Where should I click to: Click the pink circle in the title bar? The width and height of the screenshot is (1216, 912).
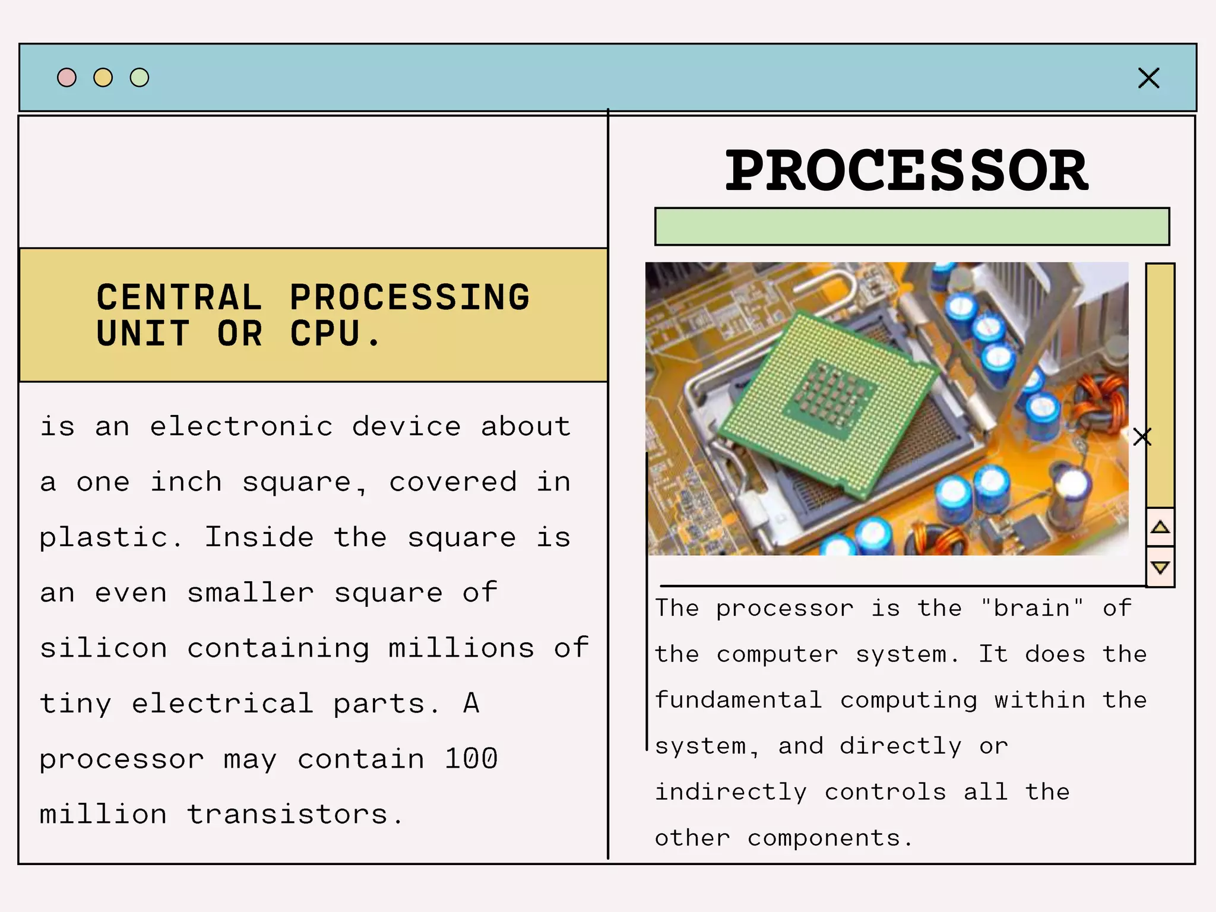[66, 78]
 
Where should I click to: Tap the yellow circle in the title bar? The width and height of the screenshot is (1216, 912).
[103, 78]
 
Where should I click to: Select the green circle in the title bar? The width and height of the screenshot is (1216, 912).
[140, 78]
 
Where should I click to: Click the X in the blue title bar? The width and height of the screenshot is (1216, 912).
[1148, 78]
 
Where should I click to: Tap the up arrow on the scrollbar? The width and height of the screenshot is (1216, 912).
[1160, 527]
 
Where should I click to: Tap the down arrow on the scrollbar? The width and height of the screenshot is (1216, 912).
[1160, 567]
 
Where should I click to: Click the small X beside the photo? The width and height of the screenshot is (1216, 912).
[1142, 437]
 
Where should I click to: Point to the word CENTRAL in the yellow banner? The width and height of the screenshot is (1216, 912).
[179, 297]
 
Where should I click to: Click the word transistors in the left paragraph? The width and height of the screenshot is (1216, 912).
[288, 814]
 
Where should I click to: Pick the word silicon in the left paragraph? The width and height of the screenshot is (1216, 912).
[104, 648]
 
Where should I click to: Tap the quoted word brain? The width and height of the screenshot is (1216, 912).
[1032, 608]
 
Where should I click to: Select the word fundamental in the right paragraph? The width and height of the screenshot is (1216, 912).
[739, 700]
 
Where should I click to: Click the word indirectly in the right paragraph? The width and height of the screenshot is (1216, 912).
[731, 792]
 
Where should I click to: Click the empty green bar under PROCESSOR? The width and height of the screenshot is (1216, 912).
[912, 226]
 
